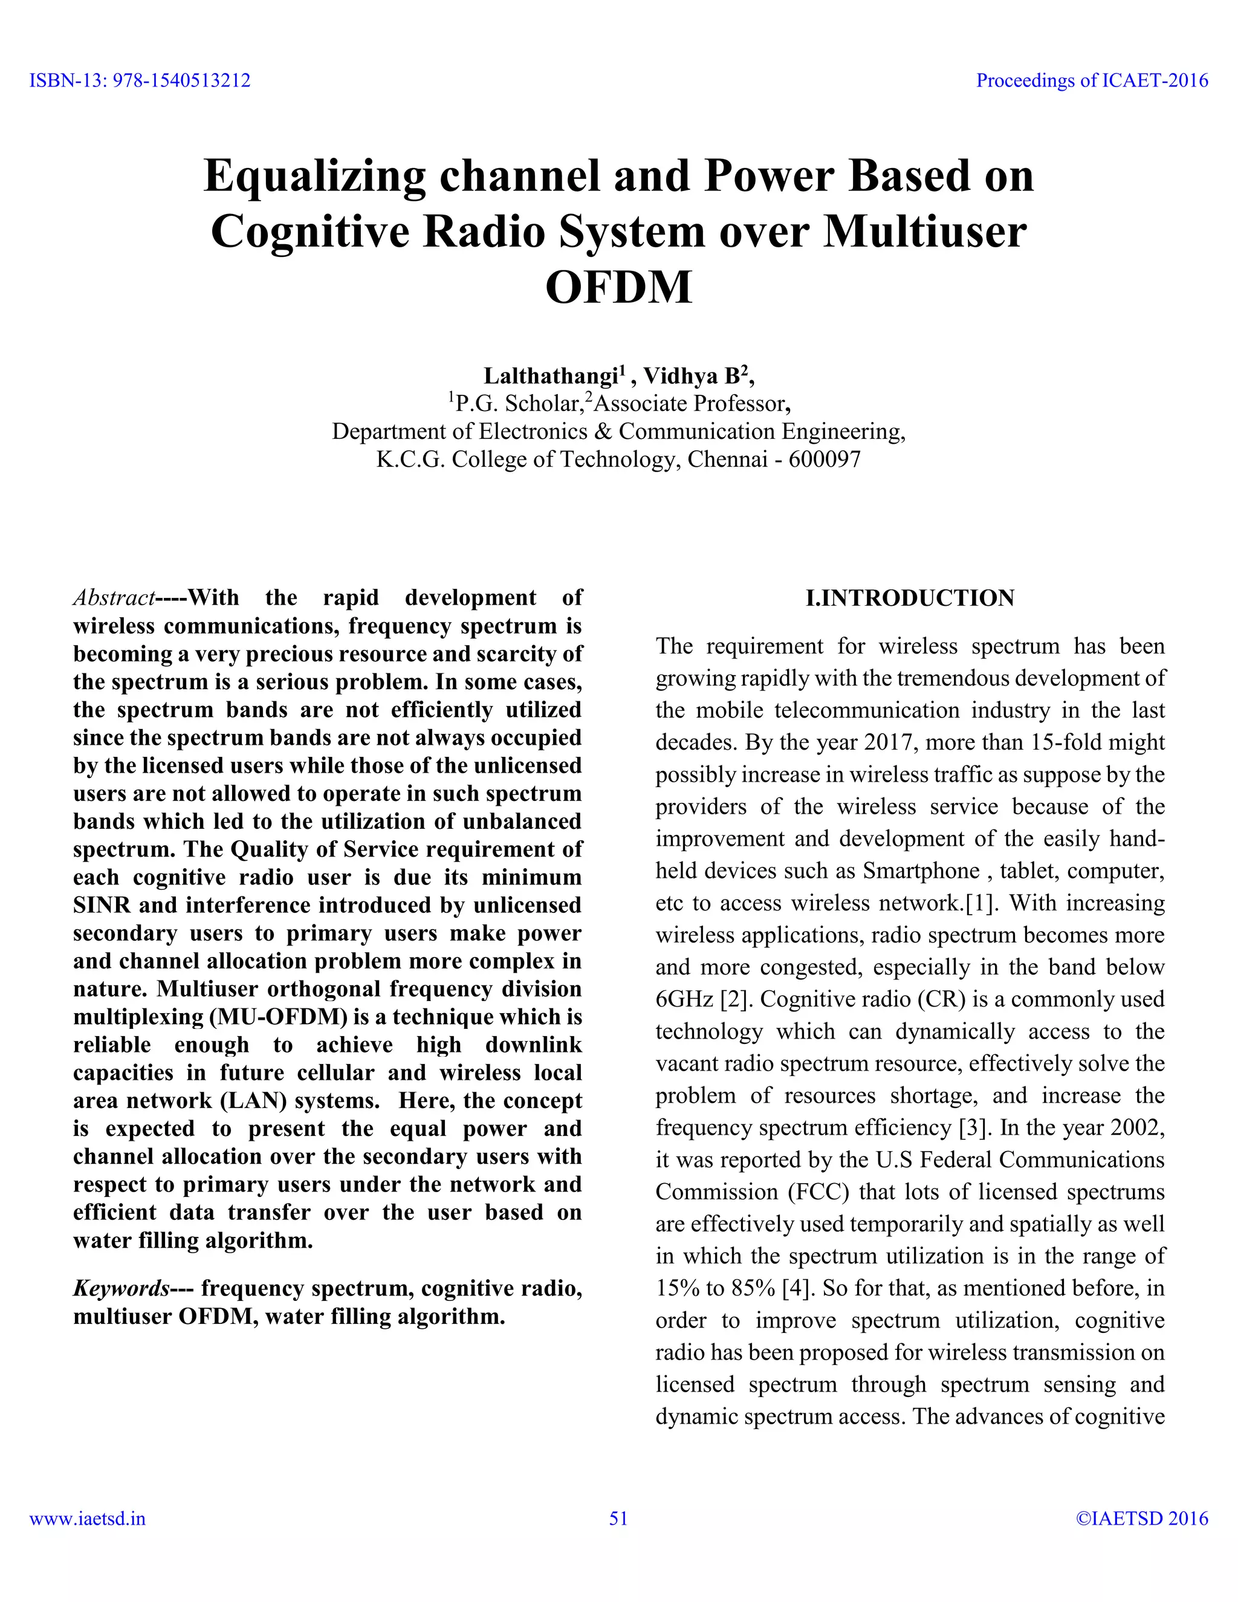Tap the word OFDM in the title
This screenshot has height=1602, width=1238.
618,288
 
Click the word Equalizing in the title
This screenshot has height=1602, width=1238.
314,176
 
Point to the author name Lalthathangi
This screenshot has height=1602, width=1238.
551,376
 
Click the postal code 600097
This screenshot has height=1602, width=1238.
825,460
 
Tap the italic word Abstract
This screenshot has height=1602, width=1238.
114,598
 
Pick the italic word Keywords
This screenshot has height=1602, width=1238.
121,1289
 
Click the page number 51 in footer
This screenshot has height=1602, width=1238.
618,1519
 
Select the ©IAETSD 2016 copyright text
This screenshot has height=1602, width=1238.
1141,1519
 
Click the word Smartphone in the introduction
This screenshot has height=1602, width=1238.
921,871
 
